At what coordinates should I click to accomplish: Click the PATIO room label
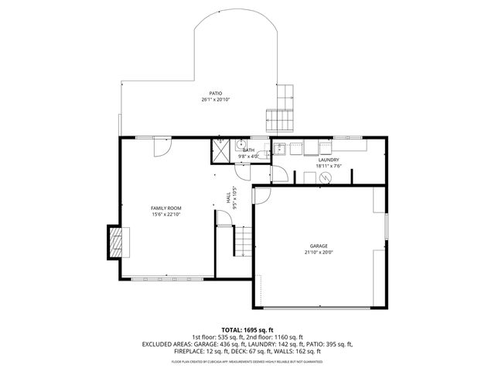click(216, 93)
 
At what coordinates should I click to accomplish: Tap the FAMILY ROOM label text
click(166, 208)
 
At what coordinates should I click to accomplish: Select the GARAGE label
click(318, 246)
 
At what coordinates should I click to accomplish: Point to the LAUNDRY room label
click(329, 160)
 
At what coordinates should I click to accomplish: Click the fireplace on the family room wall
click(114, 242)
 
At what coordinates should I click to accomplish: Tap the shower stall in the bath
click(221, 151)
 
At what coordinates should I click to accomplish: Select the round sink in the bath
click(241, 144)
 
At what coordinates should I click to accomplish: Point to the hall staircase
click(243, 243)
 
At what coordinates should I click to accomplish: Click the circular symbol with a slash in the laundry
click(325, 177)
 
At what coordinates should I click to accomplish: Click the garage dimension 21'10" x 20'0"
click(318, 252)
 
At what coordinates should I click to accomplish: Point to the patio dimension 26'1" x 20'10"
click(216, 99)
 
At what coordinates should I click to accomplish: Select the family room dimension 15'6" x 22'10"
click(166, 215)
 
